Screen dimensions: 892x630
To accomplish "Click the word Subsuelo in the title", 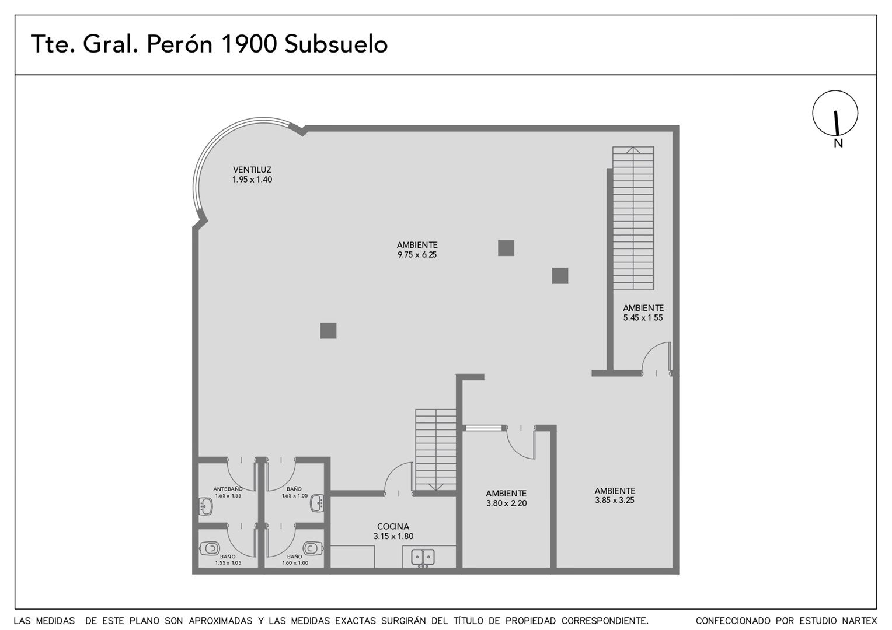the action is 336,44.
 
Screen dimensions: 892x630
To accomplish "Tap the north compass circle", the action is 835,113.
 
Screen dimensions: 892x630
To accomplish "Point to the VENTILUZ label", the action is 252,170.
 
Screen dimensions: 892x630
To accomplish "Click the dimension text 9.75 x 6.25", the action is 417,255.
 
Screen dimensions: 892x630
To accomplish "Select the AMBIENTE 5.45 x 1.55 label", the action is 643,313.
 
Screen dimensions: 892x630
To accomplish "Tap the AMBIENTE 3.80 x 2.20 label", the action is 506,498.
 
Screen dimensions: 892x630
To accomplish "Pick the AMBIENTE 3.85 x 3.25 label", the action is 615,495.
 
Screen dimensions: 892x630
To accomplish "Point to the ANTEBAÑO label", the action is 228,489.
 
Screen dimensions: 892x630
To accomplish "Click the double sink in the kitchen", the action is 423,557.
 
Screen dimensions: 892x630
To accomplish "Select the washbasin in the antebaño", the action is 205,506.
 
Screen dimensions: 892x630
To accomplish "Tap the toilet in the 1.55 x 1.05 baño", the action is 209,548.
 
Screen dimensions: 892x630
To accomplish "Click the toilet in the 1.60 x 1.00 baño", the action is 312,548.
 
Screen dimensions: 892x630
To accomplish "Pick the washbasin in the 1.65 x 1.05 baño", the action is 318,503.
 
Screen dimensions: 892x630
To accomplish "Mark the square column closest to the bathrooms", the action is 328,330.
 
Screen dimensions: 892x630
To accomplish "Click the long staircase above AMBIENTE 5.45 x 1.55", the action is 633,218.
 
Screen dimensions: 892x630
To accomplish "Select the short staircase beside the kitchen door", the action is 435,450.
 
